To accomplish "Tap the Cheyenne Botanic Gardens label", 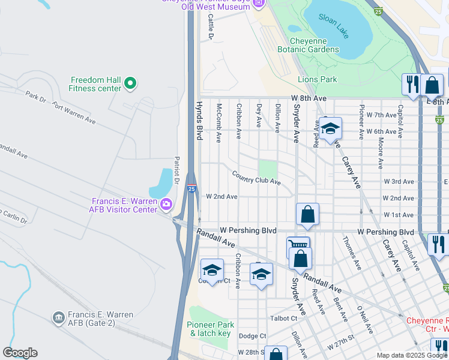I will [x=308, y=45].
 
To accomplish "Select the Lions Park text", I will [x=317, y=79].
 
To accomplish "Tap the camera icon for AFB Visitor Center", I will [x=166, y=205].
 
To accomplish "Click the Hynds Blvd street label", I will [x=199, y=121].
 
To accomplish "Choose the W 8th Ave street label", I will [x=309, y=98].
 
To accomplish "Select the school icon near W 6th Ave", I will [x=330, y=129].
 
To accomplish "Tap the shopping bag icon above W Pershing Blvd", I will [x=307, y=214].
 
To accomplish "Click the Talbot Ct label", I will [x=284, y=319].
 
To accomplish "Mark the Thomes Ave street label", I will [x=351, y=252].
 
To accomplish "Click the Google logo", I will [x=20, y=353].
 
